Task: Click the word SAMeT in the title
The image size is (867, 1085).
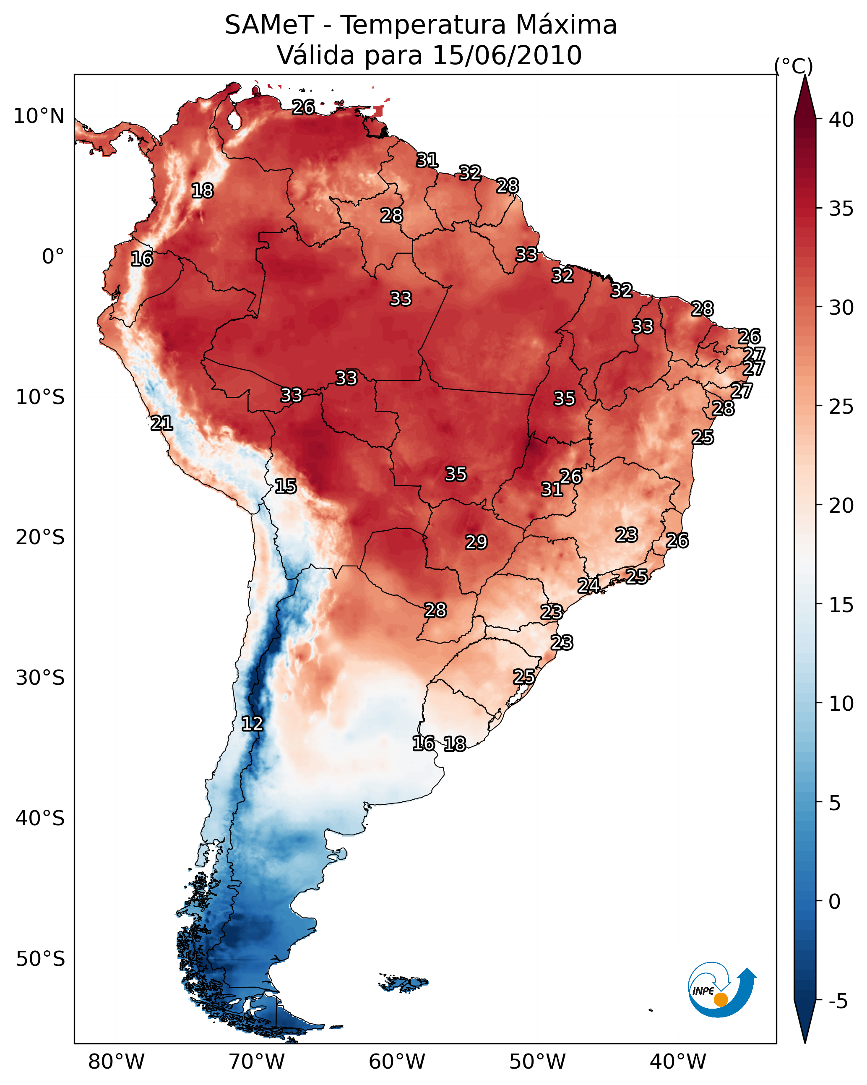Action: tap(269, 25)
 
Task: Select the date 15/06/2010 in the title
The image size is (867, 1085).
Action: tap(507, 55)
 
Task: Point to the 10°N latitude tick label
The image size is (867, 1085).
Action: tap(39, 116)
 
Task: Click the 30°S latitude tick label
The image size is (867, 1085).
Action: tap(40, 678)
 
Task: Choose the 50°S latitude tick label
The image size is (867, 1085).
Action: tap(40, 959)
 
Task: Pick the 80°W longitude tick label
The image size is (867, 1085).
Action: tap(116, 1062)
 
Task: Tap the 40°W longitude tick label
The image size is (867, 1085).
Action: tap(678, 1062)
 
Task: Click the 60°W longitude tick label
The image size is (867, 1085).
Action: tap(397, 1062)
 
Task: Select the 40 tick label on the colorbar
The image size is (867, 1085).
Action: tap(841, 120)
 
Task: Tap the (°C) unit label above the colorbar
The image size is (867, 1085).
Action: tap(794, 66)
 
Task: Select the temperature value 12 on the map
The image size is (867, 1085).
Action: tap(252, 724)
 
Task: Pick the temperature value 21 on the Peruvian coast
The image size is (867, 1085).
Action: tap(161, 423)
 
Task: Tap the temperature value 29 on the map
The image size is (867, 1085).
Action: tap(476, 542)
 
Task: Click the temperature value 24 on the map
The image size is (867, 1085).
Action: tap(588, 585)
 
